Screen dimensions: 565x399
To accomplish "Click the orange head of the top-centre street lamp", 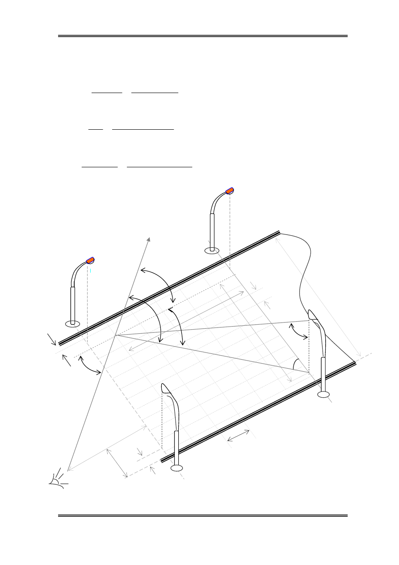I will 229,191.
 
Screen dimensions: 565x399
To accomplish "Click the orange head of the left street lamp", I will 90,260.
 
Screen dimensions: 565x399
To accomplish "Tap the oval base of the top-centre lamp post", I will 212,251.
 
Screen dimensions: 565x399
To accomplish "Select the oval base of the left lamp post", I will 72,323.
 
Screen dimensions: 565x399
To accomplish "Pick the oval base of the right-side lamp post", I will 323,394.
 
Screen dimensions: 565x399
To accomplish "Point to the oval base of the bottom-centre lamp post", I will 177,468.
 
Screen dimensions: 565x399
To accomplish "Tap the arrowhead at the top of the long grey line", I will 148,239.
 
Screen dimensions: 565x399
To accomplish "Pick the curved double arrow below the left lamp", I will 89,365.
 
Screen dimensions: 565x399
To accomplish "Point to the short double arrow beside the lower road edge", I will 239,436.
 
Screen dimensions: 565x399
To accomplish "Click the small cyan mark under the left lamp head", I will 91,270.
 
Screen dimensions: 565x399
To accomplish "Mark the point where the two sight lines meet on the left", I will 116,335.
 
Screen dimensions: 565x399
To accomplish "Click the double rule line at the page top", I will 202,36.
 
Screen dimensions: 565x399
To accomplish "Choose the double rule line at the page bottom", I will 202,516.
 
